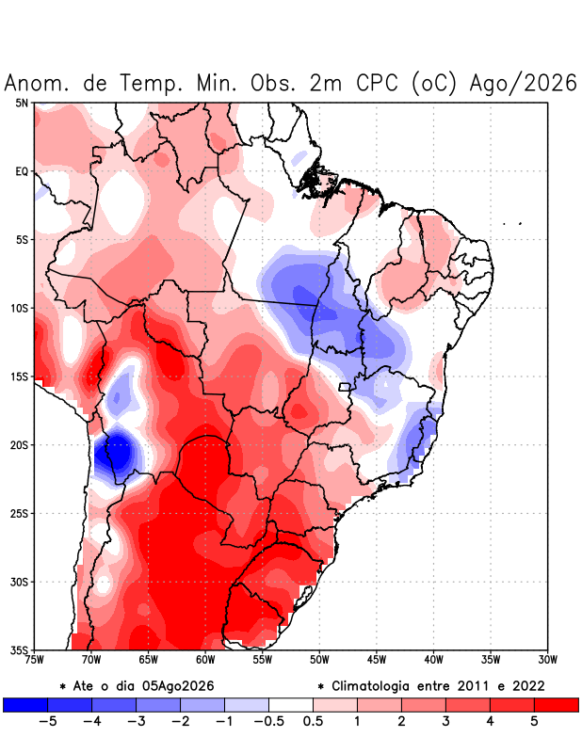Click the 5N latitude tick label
tap(22, 103)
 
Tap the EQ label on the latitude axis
tap(22, 171)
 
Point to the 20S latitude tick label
tap(20, 445)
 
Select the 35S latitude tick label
tap(20, 650)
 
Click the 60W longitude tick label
tap(205, 661)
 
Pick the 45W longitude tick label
tap(377, 661)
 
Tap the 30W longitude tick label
tap(547, 661)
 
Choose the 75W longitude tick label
tap(34, 661)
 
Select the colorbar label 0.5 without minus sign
tap(313, 721)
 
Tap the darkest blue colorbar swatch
tap(25, 705)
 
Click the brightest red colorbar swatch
tap(556, 705)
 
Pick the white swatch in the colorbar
tap(291, 705)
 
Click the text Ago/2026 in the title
tap(524, 83)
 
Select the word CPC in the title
tap(378, 83)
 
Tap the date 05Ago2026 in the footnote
tap(178, 686)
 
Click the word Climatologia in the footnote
tap(369, 687)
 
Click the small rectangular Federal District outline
tap(344, 387)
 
